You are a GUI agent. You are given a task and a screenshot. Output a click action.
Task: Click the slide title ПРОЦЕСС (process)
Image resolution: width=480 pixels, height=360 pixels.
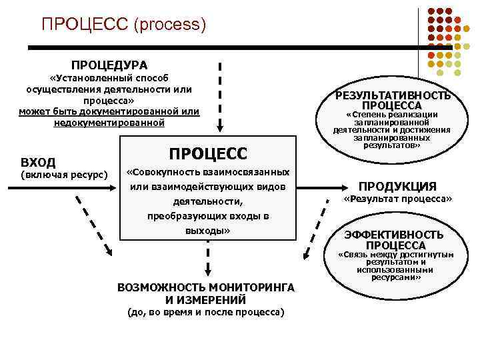tap(123, 25)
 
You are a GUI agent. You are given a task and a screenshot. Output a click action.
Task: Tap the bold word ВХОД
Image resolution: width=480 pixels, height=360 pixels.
tap(38, 162)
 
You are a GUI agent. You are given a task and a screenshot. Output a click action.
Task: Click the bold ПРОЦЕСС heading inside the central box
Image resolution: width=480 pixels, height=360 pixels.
tap(207, 153)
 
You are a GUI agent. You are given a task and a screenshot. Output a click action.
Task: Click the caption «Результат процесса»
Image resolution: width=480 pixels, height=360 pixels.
tap(397, 199)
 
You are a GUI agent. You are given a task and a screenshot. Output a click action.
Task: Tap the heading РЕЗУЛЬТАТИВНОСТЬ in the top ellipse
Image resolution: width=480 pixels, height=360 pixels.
tap(397, 95)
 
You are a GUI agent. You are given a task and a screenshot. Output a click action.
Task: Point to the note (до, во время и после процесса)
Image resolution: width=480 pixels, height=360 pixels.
tap(205, 313)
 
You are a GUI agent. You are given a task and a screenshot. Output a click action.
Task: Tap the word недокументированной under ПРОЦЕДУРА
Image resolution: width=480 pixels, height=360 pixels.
tap(109, 123)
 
